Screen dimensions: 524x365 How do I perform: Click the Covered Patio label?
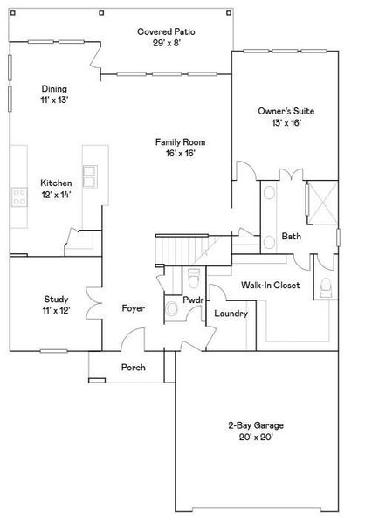point(166,31)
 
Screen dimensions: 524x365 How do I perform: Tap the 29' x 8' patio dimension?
point(166,43)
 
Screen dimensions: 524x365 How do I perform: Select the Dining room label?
point(54,89)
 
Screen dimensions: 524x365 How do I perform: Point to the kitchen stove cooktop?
point(17,197)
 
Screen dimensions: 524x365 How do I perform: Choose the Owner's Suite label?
point(286,112)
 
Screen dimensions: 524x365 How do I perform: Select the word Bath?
point(291,237)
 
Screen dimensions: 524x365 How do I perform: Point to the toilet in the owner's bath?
point(326,286)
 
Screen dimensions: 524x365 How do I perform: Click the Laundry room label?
point(231,313)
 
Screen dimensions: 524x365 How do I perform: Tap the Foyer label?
point(133,309)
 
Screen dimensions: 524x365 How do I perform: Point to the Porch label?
point(134,367)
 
